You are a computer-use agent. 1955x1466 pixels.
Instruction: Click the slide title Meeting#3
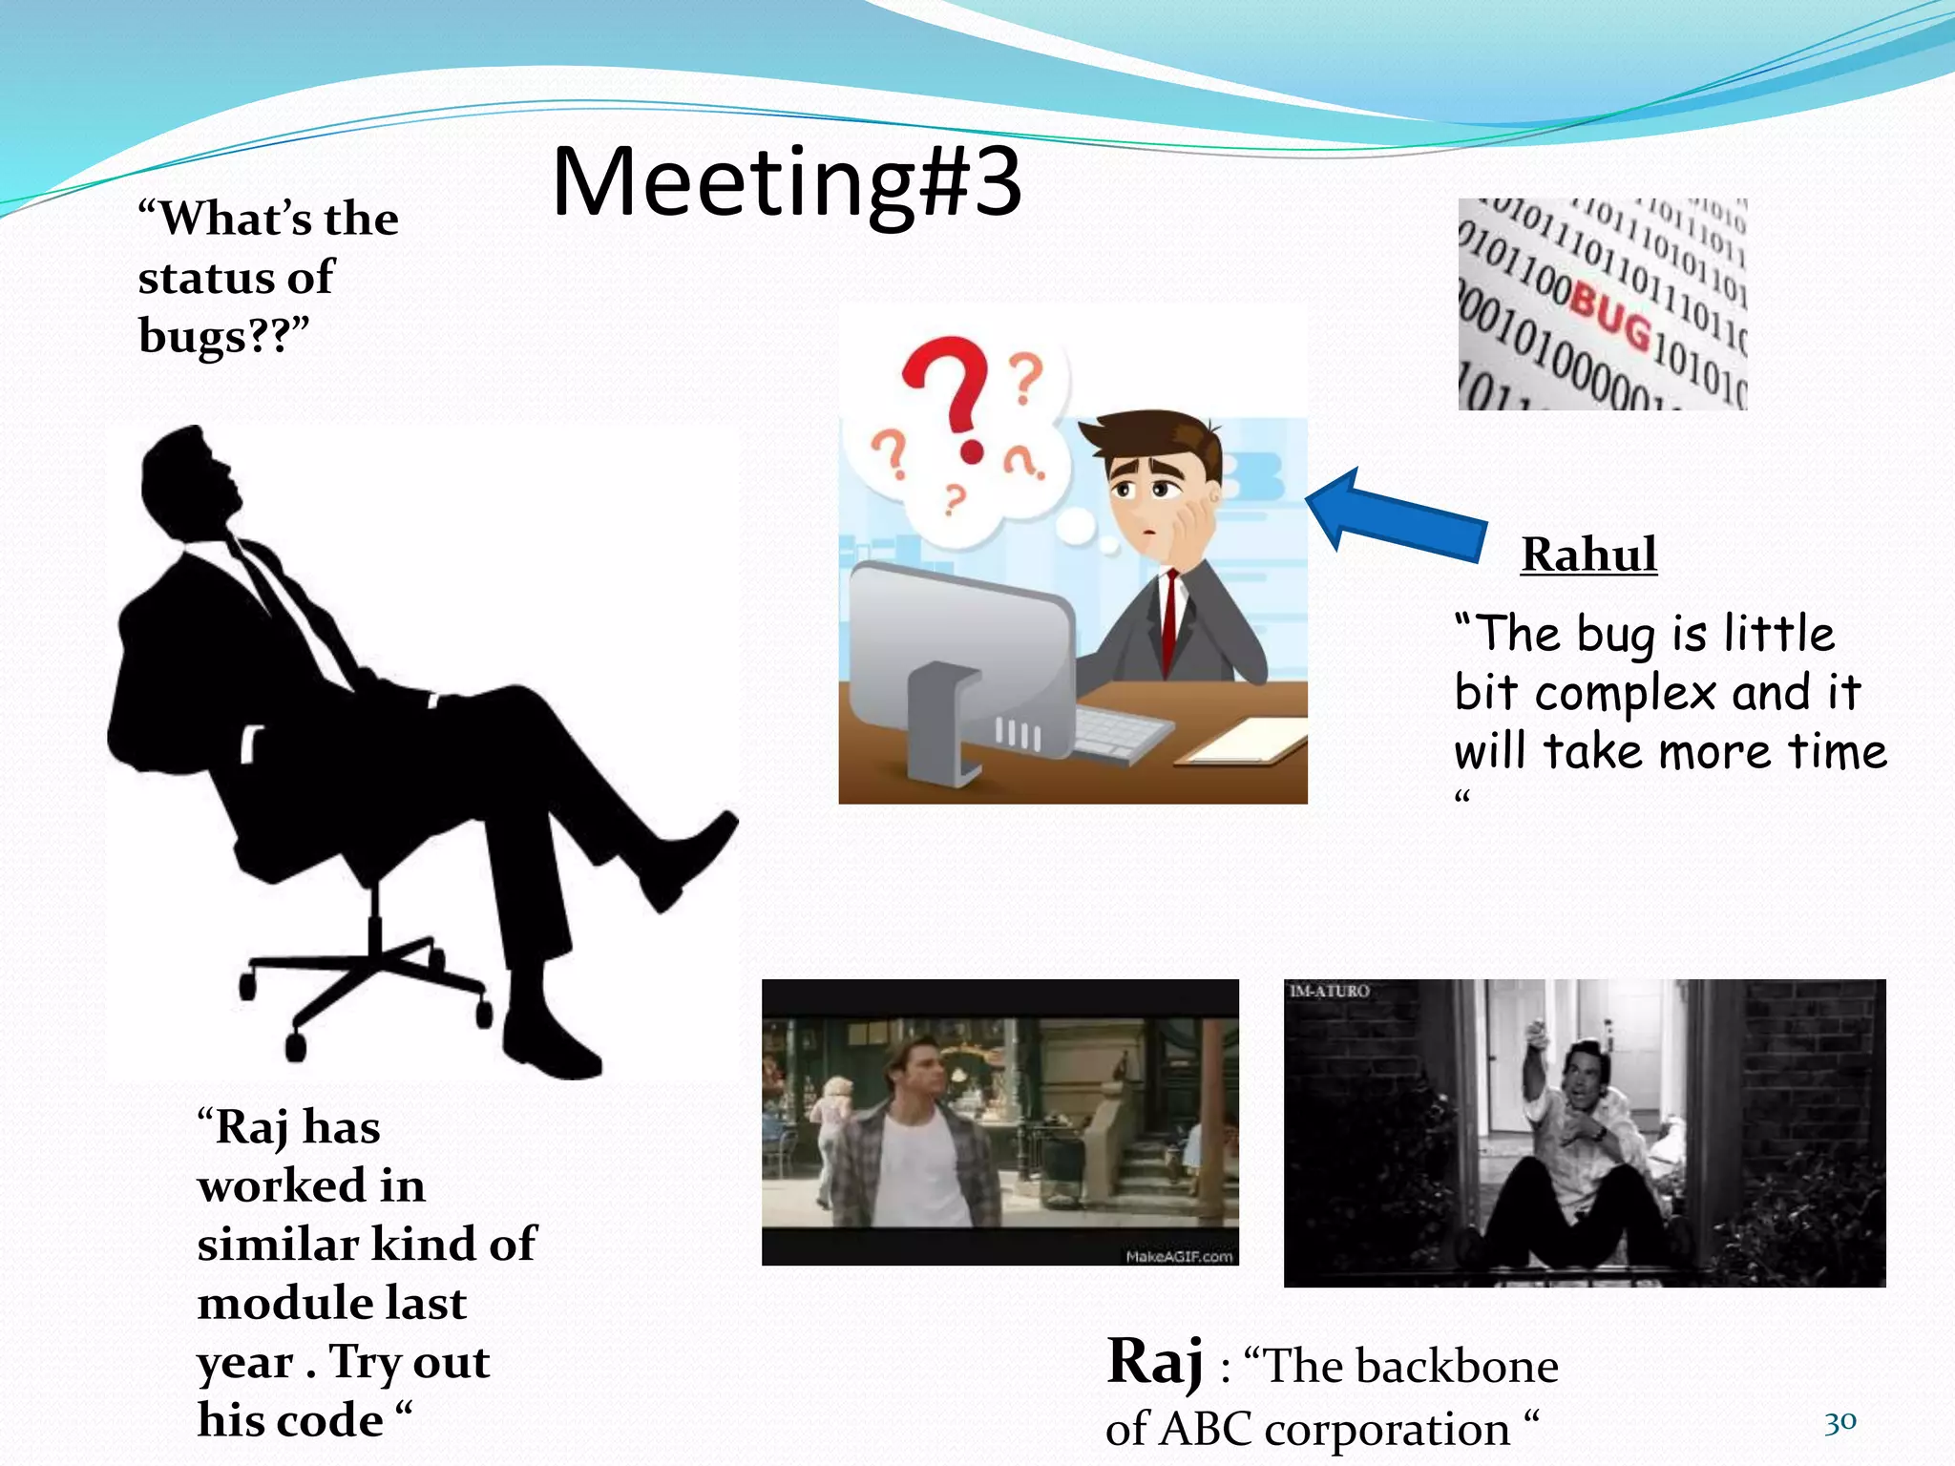click(x=787, y=181)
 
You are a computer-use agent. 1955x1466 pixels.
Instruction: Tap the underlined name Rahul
click(x=1588, y=555)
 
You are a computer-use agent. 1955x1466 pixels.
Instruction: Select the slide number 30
click(x=1839, y=1423)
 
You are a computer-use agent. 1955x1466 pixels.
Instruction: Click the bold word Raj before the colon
click(x=1154, y=1362)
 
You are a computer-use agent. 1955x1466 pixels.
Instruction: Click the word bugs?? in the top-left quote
click(x=223, y=336)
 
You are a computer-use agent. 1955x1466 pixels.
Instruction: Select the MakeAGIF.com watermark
click(x=1179, y=1256)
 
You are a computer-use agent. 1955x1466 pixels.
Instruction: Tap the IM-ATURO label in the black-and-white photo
click(x=1329, y=992)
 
